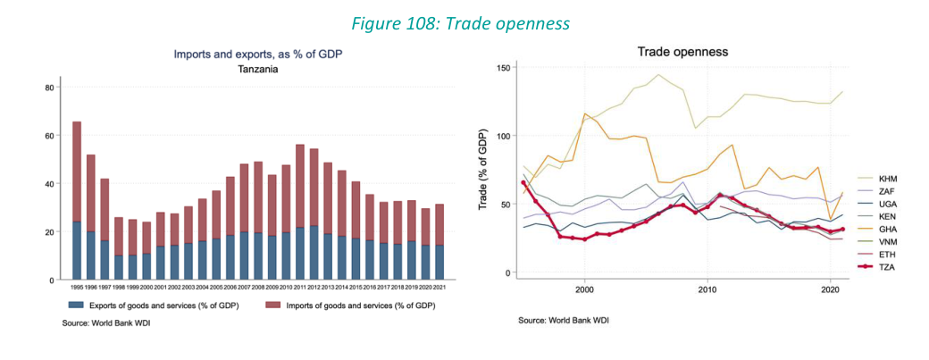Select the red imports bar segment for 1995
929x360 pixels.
coord(77,172)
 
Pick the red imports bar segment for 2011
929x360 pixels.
coord(301,186)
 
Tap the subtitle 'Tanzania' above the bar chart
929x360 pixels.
coord(258,69)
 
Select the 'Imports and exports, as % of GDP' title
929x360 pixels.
coord(258,54)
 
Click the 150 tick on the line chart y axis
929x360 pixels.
coord(504,68)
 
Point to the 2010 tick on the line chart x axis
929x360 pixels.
coord(707,289)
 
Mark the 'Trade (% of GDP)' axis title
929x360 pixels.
coord(486,172)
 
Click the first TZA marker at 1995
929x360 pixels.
coord(523,183)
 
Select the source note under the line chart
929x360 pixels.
coord(564,320)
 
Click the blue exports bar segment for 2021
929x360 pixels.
coord(439,263)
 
